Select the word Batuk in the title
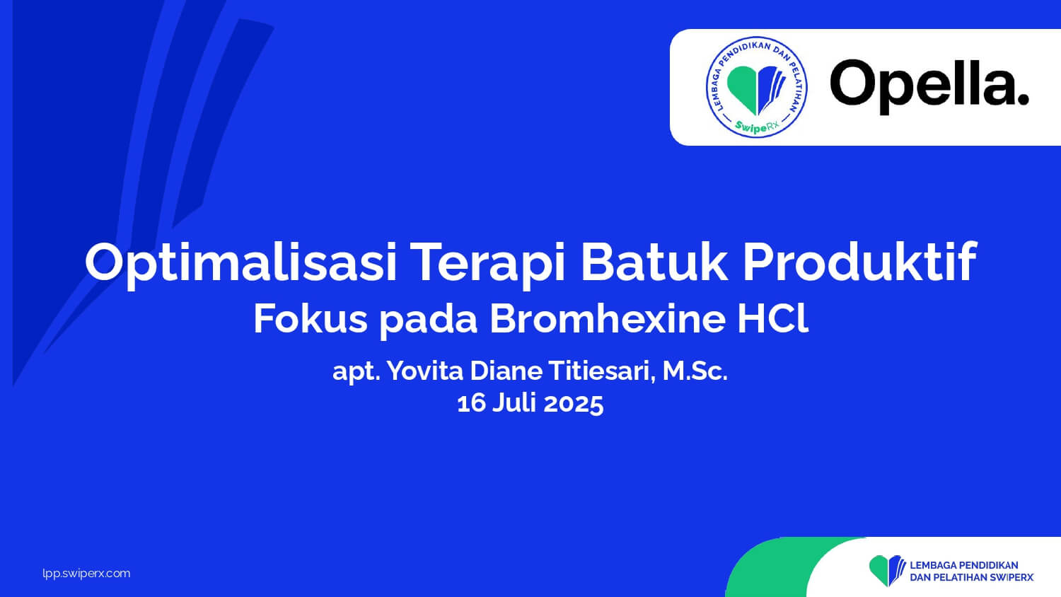pos(654,262)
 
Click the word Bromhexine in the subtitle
pos(607,318)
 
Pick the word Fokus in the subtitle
pos(311,318)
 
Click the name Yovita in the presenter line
pos(425,371)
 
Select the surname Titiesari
pos(602,371)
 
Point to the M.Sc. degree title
pos(695,371)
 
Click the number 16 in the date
pos(471,404)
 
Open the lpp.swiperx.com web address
pos(86,574)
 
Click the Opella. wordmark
pos(930,86)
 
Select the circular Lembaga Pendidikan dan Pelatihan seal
pos(756,87)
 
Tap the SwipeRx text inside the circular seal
pos(756,126)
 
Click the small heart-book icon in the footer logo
pos(887,570)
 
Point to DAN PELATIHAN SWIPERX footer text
pos(971,578)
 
